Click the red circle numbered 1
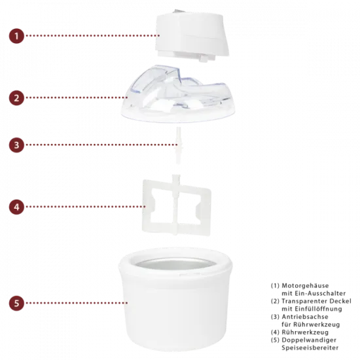(16, 36)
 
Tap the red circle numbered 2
(16, 98)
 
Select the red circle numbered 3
(16, 145)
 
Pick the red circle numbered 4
(16, 207)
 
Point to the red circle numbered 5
(16, 303)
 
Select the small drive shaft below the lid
(178, 145)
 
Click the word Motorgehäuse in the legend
(305, 285)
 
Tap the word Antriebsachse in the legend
(305, 317)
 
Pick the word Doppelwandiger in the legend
(309, 340)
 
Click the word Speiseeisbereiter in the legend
(310, 348)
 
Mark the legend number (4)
(275, 333)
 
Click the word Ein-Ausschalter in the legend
(321, 293)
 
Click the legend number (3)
(275, 317)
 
